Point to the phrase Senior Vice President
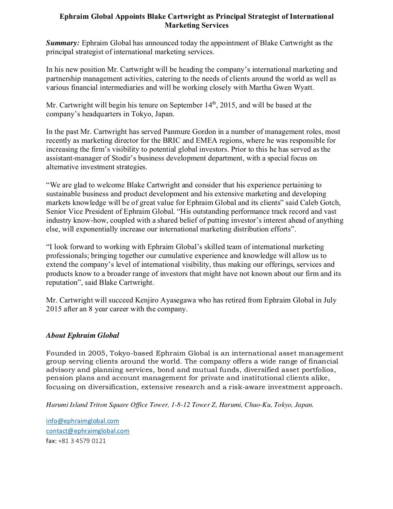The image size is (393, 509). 78,212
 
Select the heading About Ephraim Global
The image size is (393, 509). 83,335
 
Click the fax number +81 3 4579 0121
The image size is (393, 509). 82,441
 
